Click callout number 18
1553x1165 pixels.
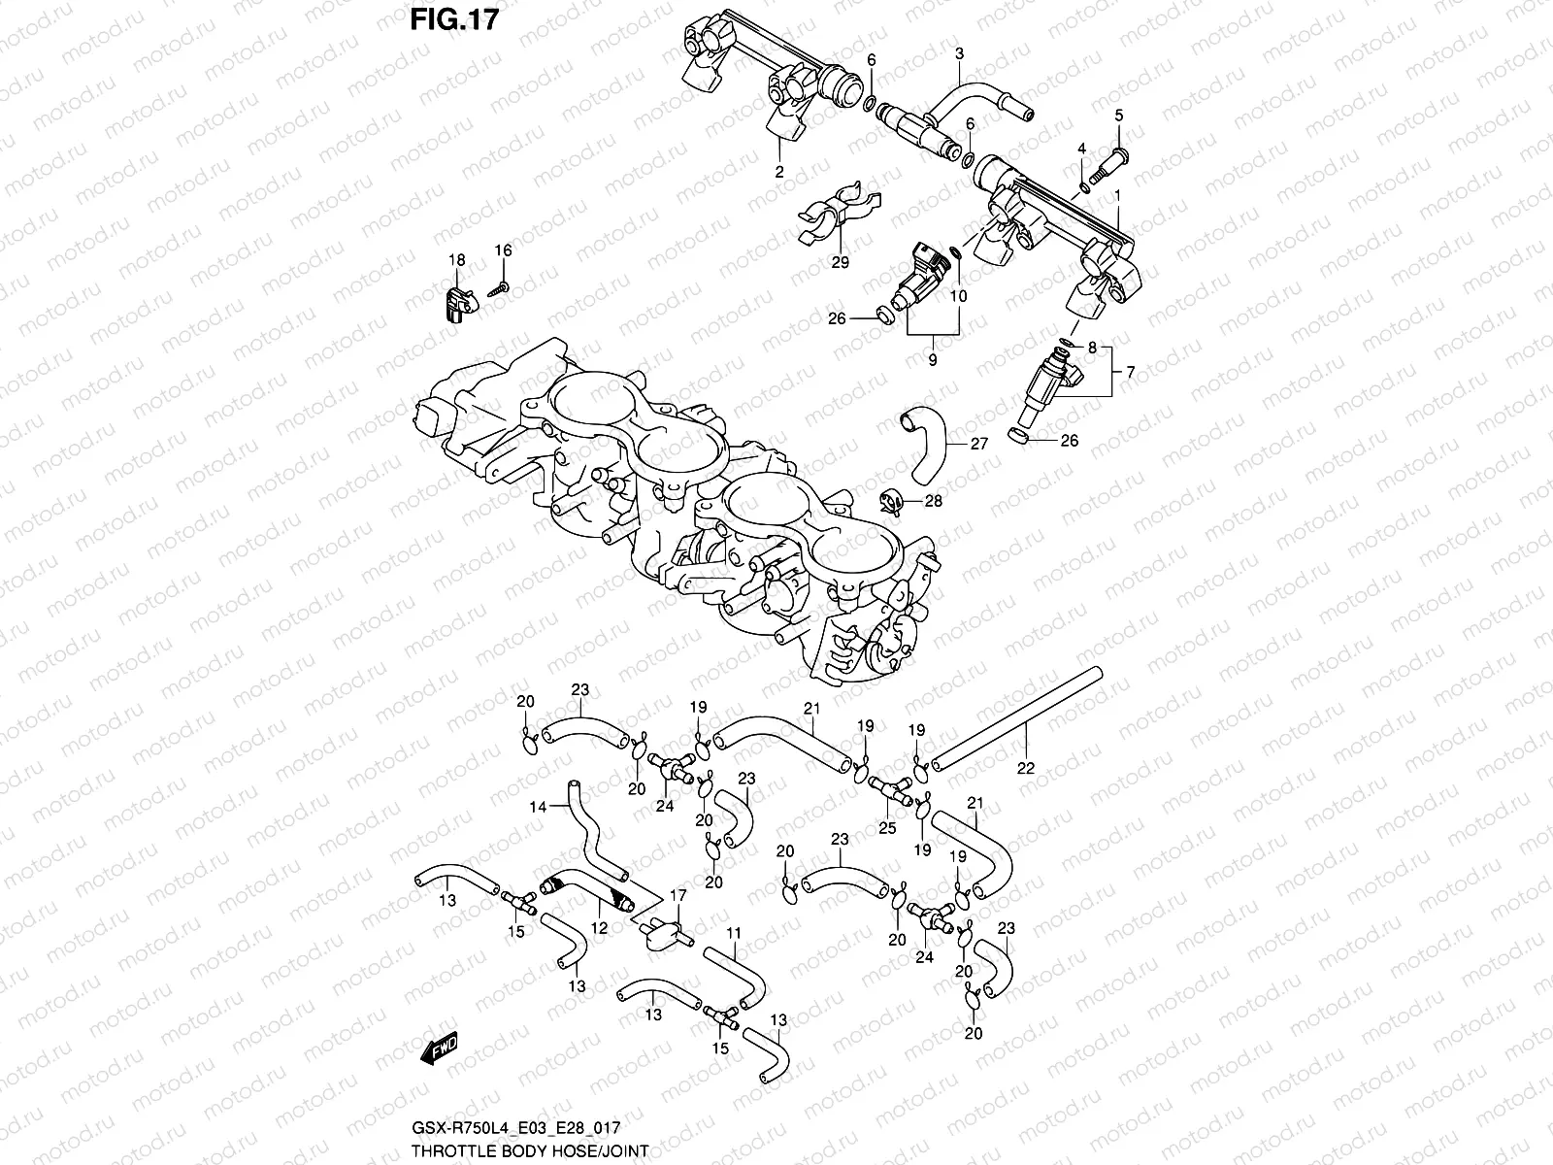click(456, 259)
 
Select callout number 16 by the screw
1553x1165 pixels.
click(502, 250)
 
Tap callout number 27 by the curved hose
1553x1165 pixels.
click(978, 444)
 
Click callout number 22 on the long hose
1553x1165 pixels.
click(1026, 767)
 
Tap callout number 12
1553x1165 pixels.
click(599, 928)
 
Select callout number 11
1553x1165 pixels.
click(734, 933)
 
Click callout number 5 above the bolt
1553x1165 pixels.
click(1118, 116)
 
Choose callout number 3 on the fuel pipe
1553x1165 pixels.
click(958, 53)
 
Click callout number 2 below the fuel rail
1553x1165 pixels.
click(778, 173)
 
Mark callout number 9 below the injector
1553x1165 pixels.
click(932, 359)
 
